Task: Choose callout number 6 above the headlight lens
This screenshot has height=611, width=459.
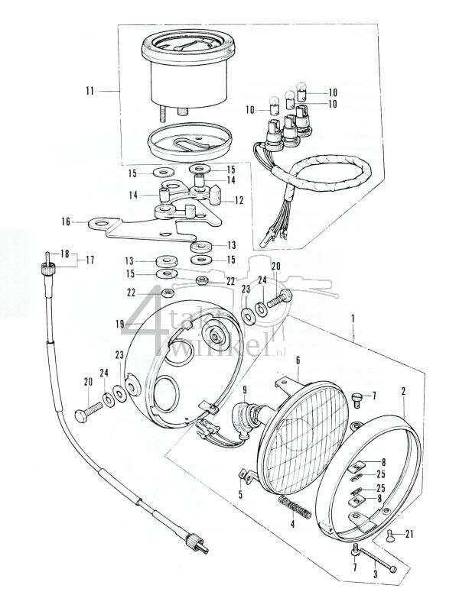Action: pyautogui.click(x=298, y=360)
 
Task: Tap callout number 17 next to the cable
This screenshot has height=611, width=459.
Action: pyautogui.click(x=90, y=260)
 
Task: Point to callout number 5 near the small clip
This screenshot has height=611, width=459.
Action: pyautogui.click(x=242, y=494)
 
